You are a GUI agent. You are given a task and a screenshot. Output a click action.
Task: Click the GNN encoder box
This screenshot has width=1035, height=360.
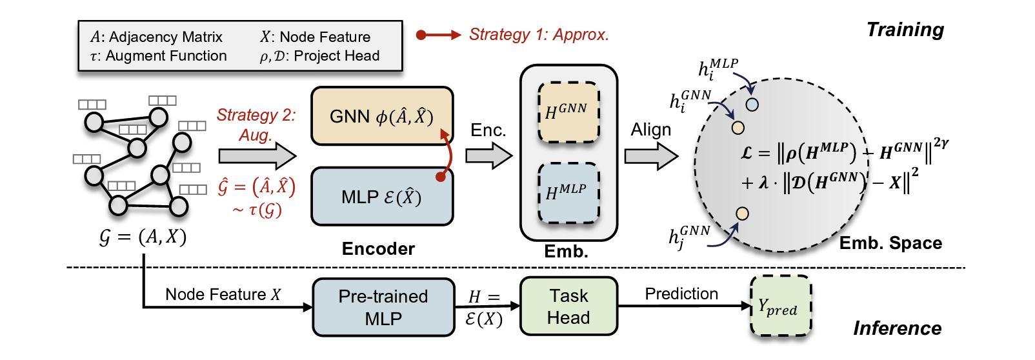(x=382, y=116)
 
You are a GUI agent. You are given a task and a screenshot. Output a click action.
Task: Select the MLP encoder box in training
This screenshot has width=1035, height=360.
(x=382, y=197)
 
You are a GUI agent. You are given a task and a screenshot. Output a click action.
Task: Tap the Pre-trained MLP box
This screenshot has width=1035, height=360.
(x=383, y=307)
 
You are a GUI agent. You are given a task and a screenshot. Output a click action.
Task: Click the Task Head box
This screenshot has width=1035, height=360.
(x=568, y=306)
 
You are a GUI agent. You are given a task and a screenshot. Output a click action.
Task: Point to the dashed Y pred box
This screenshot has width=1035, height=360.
(x=780, y=306)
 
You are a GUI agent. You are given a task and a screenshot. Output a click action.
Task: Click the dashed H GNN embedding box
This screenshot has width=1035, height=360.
(x=568, y=112)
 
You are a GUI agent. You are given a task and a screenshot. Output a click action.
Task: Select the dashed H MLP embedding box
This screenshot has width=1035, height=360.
(x=568, y=193)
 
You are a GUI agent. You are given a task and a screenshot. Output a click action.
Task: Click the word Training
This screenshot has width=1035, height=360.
(x=905, y=30)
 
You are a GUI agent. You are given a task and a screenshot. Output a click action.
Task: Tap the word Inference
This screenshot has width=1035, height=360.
(x=897, y=328)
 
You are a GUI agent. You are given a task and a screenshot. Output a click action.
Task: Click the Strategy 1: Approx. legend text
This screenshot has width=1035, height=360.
(x=538, y=35)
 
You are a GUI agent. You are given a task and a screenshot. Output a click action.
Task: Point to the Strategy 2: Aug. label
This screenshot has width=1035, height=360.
(x=256, y=125)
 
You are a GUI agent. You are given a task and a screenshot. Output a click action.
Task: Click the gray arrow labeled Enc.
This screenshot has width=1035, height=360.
(x=488, y=155)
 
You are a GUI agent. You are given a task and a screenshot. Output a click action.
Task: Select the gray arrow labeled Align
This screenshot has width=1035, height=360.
(x=650, y=155)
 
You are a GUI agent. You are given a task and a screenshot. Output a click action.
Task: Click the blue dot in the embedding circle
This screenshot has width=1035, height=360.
(x=752, y=104)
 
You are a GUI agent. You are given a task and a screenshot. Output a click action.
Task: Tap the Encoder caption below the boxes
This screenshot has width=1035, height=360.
(x=378, y=249)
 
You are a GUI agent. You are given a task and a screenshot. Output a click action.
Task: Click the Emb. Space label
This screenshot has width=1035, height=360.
(x=890, y=243)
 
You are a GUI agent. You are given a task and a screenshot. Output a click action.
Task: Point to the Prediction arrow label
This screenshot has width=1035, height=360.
(x=681, y=294)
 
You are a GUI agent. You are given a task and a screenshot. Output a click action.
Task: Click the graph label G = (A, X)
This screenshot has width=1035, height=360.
(x=143, y=237)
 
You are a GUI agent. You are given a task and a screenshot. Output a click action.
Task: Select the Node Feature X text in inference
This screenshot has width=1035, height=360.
(x=223, y=295)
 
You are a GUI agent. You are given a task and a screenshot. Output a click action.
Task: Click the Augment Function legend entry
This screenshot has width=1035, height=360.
(x=159, y=56)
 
